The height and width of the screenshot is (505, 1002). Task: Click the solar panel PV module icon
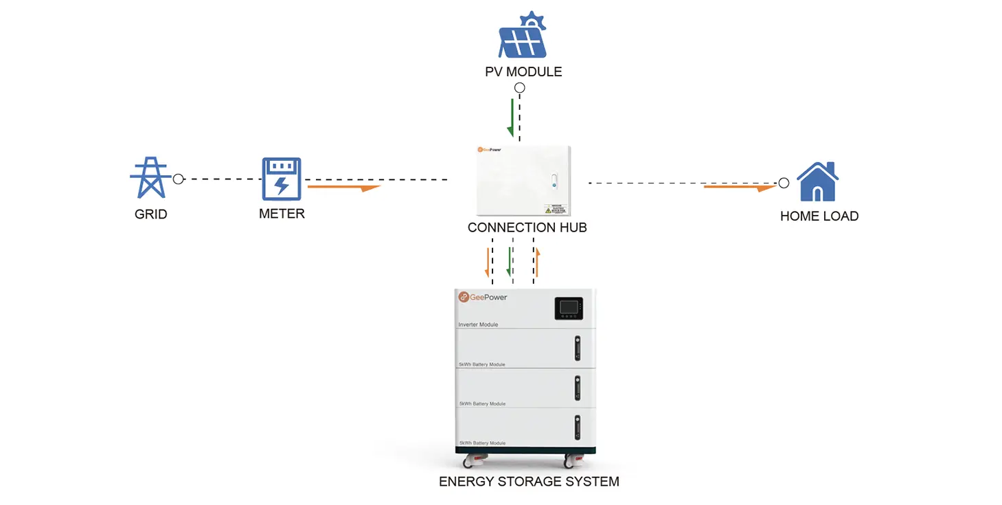tap(523, 36)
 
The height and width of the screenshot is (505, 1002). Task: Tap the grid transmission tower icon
tap(150, 178)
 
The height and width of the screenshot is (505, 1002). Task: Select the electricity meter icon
tap(282, 179)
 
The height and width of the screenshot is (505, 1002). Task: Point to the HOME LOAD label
tap(819, 216)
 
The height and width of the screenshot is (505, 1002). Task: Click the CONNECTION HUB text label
tap(527, 227)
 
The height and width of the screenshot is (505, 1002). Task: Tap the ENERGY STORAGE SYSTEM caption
tap(529, 482)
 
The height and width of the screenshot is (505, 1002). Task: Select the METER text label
tap(282, 214)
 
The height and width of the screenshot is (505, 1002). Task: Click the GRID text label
tap(150, 214)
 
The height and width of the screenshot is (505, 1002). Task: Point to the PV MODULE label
tap(523, 71)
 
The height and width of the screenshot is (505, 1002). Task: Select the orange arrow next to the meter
tap(343, 187)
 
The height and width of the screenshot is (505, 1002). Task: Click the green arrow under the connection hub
tap(509, 262)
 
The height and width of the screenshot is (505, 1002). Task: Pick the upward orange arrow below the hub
tap(538, 263)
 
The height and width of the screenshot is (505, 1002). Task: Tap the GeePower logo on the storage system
tap(483, 298)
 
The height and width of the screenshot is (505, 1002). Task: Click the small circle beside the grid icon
tap(179, 179)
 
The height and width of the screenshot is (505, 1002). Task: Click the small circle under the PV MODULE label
tap(520, 88)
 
